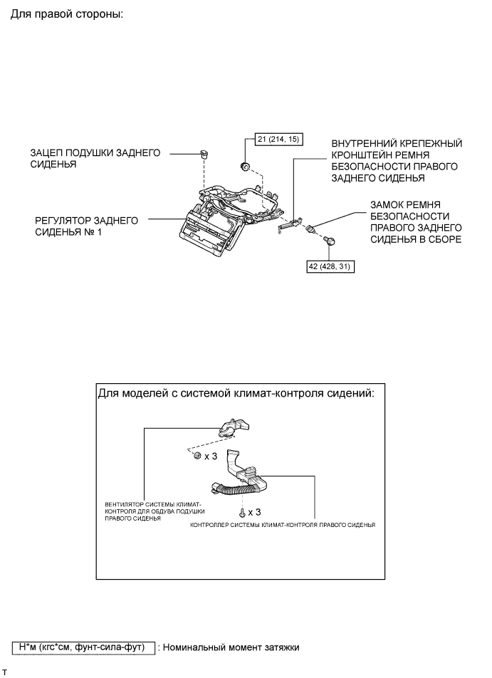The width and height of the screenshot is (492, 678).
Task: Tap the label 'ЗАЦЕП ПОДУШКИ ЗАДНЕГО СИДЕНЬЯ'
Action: [95, 158]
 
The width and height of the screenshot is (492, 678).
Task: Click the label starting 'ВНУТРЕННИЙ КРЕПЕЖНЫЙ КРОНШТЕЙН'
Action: [396, 160]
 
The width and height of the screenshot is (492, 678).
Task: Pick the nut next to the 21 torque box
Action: [244, 167]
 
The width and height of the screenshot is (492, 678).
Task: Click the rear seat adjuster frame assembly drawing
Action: [224, 214]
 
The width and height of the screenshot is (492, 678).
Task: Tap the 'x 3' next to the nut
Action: [211, 456]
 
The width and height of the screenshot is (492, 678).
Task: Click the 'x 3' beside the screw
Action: [253, 512]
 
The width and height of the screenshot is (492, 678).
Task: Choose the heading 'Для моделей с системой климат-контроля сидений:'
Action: [234, 395]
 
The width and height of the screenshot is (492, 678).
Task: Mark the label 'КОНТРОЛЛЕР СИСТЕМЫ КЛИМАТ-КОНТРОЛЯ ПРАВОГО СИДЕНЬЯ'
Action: [283, 524]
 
